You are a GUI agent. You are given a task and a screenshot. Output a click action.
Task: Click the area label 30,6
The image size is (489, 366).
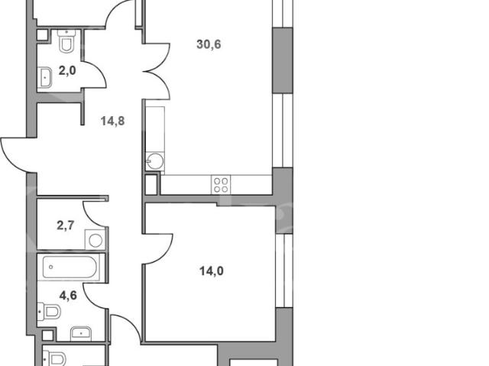pyautogui.click(x=209, y=44)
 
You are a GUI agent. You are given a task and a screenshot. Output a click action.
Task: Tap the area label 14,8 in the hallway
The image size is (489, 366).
pyautogui.click(x=112, y=121)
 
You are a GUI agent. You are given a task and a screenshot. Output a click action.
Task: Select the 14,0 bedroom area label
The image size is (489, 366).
pyautogui.click(x=212, y=271)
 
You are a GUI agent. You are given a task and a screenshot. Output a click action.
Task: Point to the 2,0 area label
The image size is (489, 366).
pyautogui.click(x=67, y=71)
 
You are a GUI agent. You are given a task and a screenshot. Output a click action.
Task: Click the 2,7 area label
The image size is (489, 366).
pyautogui.click(x=66, y=225)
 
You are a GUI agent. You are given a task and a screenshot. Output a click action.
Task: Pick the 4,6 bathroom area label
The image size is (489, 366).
pyautogui.click(x=68, y=295)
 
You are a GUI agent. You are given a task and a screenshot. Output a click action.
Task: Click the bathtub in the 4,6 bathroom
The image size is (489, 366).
pyautogui.click(x=70, y=267)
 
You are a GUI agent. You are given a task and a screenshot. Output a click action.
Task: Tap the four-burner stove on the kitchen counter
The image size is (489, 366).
pyautogui.click(x=221, y=185)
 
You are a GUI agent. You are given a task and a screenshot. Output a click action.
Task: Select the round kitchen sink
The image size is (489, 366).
pyautogui.click(x=155, y=161)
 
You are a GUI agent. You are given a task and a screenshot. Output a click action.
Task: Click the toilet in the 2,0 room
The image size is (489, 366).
pyautogui.click(x=66, y=41)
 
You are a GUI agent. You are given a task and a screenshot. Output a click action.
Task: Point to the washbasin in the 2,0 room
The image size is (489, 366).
pyautogui.click(x=44, y=76)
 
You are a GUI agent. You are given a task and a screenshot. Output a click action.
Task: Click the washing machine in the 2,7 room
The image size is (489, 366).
pyautogui.click(x=95, y=240)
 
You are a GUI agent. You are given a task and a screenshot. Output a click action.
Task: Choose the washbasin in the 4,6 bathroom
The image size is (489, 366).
pyautogui.click(x=81, y=334)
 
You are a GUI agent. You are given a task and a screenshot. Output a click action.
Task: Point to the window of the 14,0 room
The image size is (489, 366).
pyautogui.click(x=284, y=270)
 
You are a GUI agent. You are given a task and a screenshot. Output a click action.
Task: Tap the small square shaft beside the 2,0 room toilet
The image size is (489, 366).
pyautogui.click(x=43, y=35)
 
